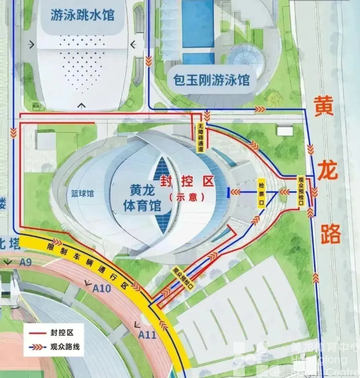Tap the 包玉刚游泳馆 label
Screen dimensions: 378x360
pos(211,81)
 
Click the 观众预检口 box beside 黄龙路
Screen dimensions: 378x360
pos(301,189)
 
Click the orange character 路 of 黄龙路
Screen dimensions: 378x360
pos(330,235)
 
